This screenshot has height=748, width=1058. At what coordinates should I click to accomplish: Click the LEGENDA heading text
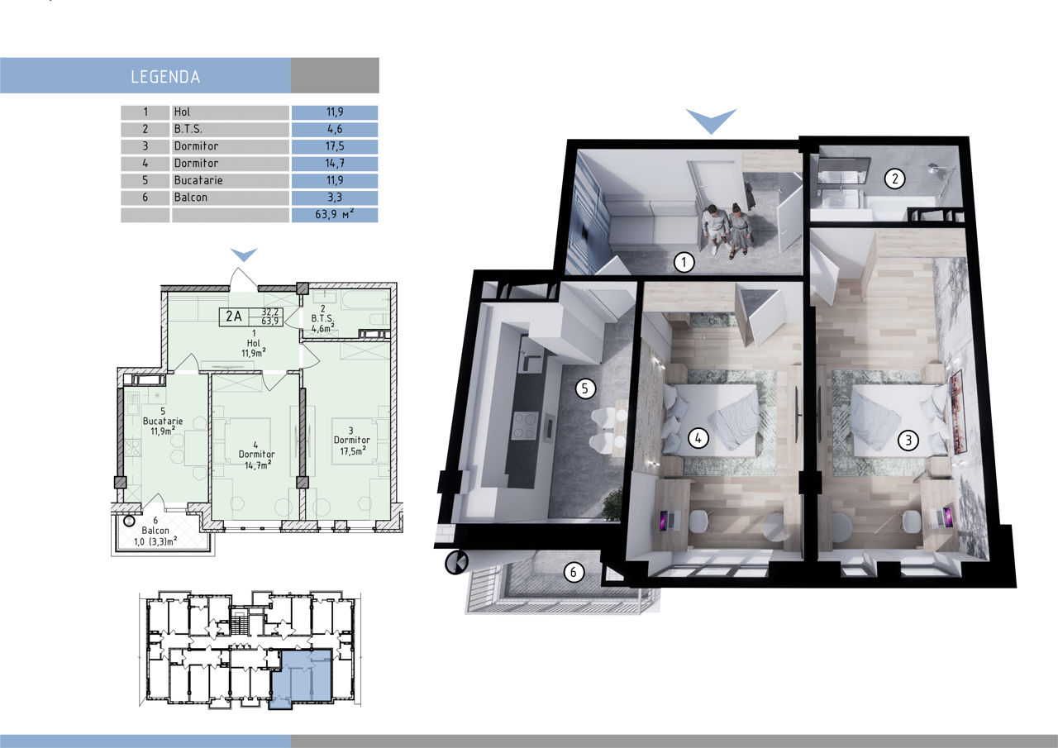click(165, 77)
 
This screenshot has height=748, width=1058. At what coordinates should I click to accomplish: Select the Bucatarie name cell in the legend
click(231, 180)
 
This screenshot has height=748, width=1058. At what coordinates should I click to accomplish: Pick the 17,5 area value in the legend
click(335, 146)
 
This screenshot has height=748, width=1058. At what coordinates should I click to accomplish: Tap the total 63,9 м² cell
click(335, 214)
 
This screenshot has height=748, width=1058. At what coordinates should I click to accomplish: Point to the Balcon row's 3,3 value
click(335, 198)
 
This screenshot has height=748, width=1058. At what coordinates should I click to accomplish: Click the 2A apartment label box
click(251, 317)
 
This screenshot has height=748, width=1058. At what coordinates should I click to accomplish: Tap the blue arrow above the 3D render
click(712, 121)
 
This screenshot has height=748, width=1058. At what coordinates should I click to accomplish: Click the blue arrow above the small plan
click(244, 255)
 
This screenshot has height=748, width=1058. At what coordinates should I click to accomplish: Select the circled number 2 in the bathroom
click(894, 179)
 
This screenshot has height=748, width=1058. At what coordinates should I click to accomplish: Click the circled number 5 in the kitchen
click(585, 388)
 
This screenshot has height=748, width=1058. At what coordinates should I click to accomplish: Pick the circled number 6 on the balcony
click(574, 572)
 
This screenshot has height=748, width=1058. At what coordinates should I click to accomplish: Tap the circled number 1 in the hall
click(684, 262)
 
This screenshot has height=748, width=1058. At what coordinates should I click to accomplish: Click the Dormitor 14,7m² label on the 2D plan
click(256, 455)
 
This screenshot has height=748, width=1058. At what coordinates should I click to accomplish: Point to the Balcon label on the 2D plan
click(155, 531)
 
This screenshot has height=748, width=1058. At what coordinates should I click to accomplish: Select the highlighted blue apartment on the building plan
click(301, 678)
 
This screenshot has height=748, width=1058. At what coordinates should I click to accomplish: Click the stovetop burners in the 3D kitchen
click(526, 425)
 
